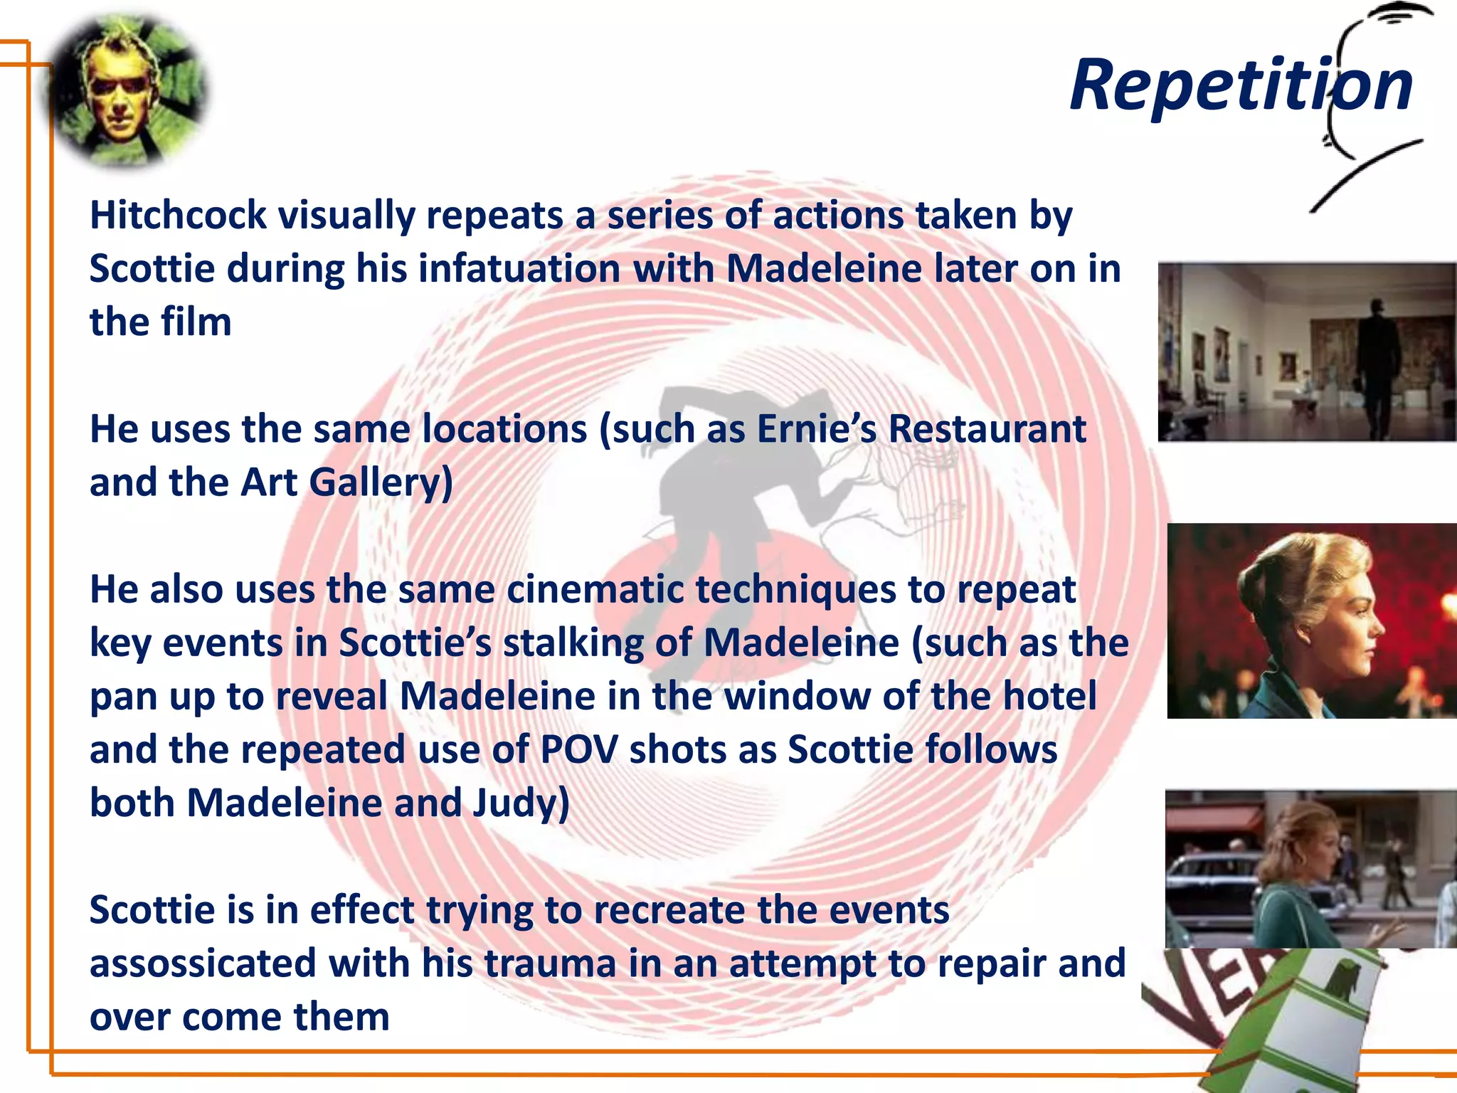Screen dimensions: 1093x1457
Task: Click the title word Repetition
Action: (1241, 85)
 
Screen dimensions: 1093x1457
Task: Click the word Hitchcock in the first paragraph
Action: (178, 216)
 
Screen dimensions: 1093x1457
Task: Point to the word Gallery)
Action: (381, 483)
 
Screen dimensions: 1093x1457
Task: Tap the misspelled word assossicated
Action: (203, 964)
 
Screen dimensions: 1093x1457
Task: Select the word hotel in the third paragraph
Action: (1049, 697)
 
